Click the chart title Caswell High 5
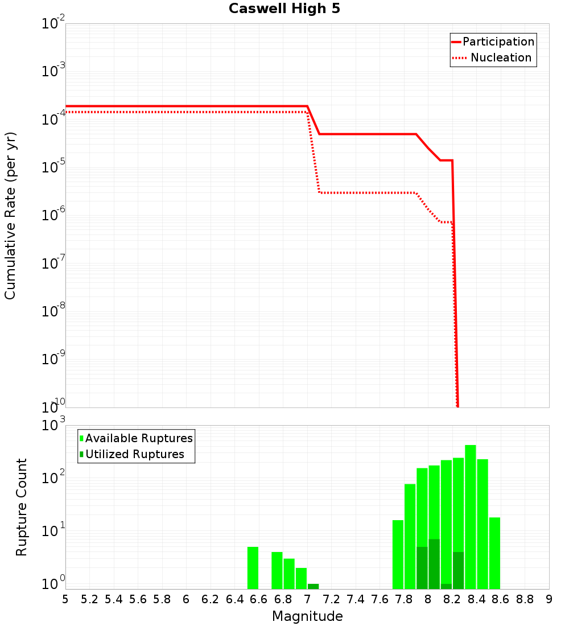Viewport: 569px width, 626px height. [x=284, y=9]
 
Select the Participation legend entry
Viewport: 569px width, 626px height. [x=498, y=42]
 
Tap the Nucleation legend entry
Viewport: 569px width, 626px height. [x=500, y=57]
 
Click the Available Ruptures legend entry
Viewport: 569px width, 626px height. [x=139, y=438]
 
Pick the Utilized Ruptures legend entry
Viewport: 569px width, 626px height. [x=134, y=454]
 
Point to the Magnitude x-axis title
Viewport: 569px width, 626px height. [x=307, y=616]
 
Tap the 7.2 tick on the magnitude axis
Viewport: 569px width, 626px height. [x=331, y=599]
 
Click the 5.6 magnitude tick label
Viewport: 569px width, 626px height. [x=138, y=599]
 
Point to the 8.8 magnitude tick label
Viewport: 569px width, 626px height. [x=525, y=599]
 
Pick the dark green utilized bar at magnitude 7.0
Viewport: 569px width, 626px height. [x=313, y=586]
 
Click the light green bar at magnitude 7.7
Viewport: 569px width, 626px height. [x=398, y=554]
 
